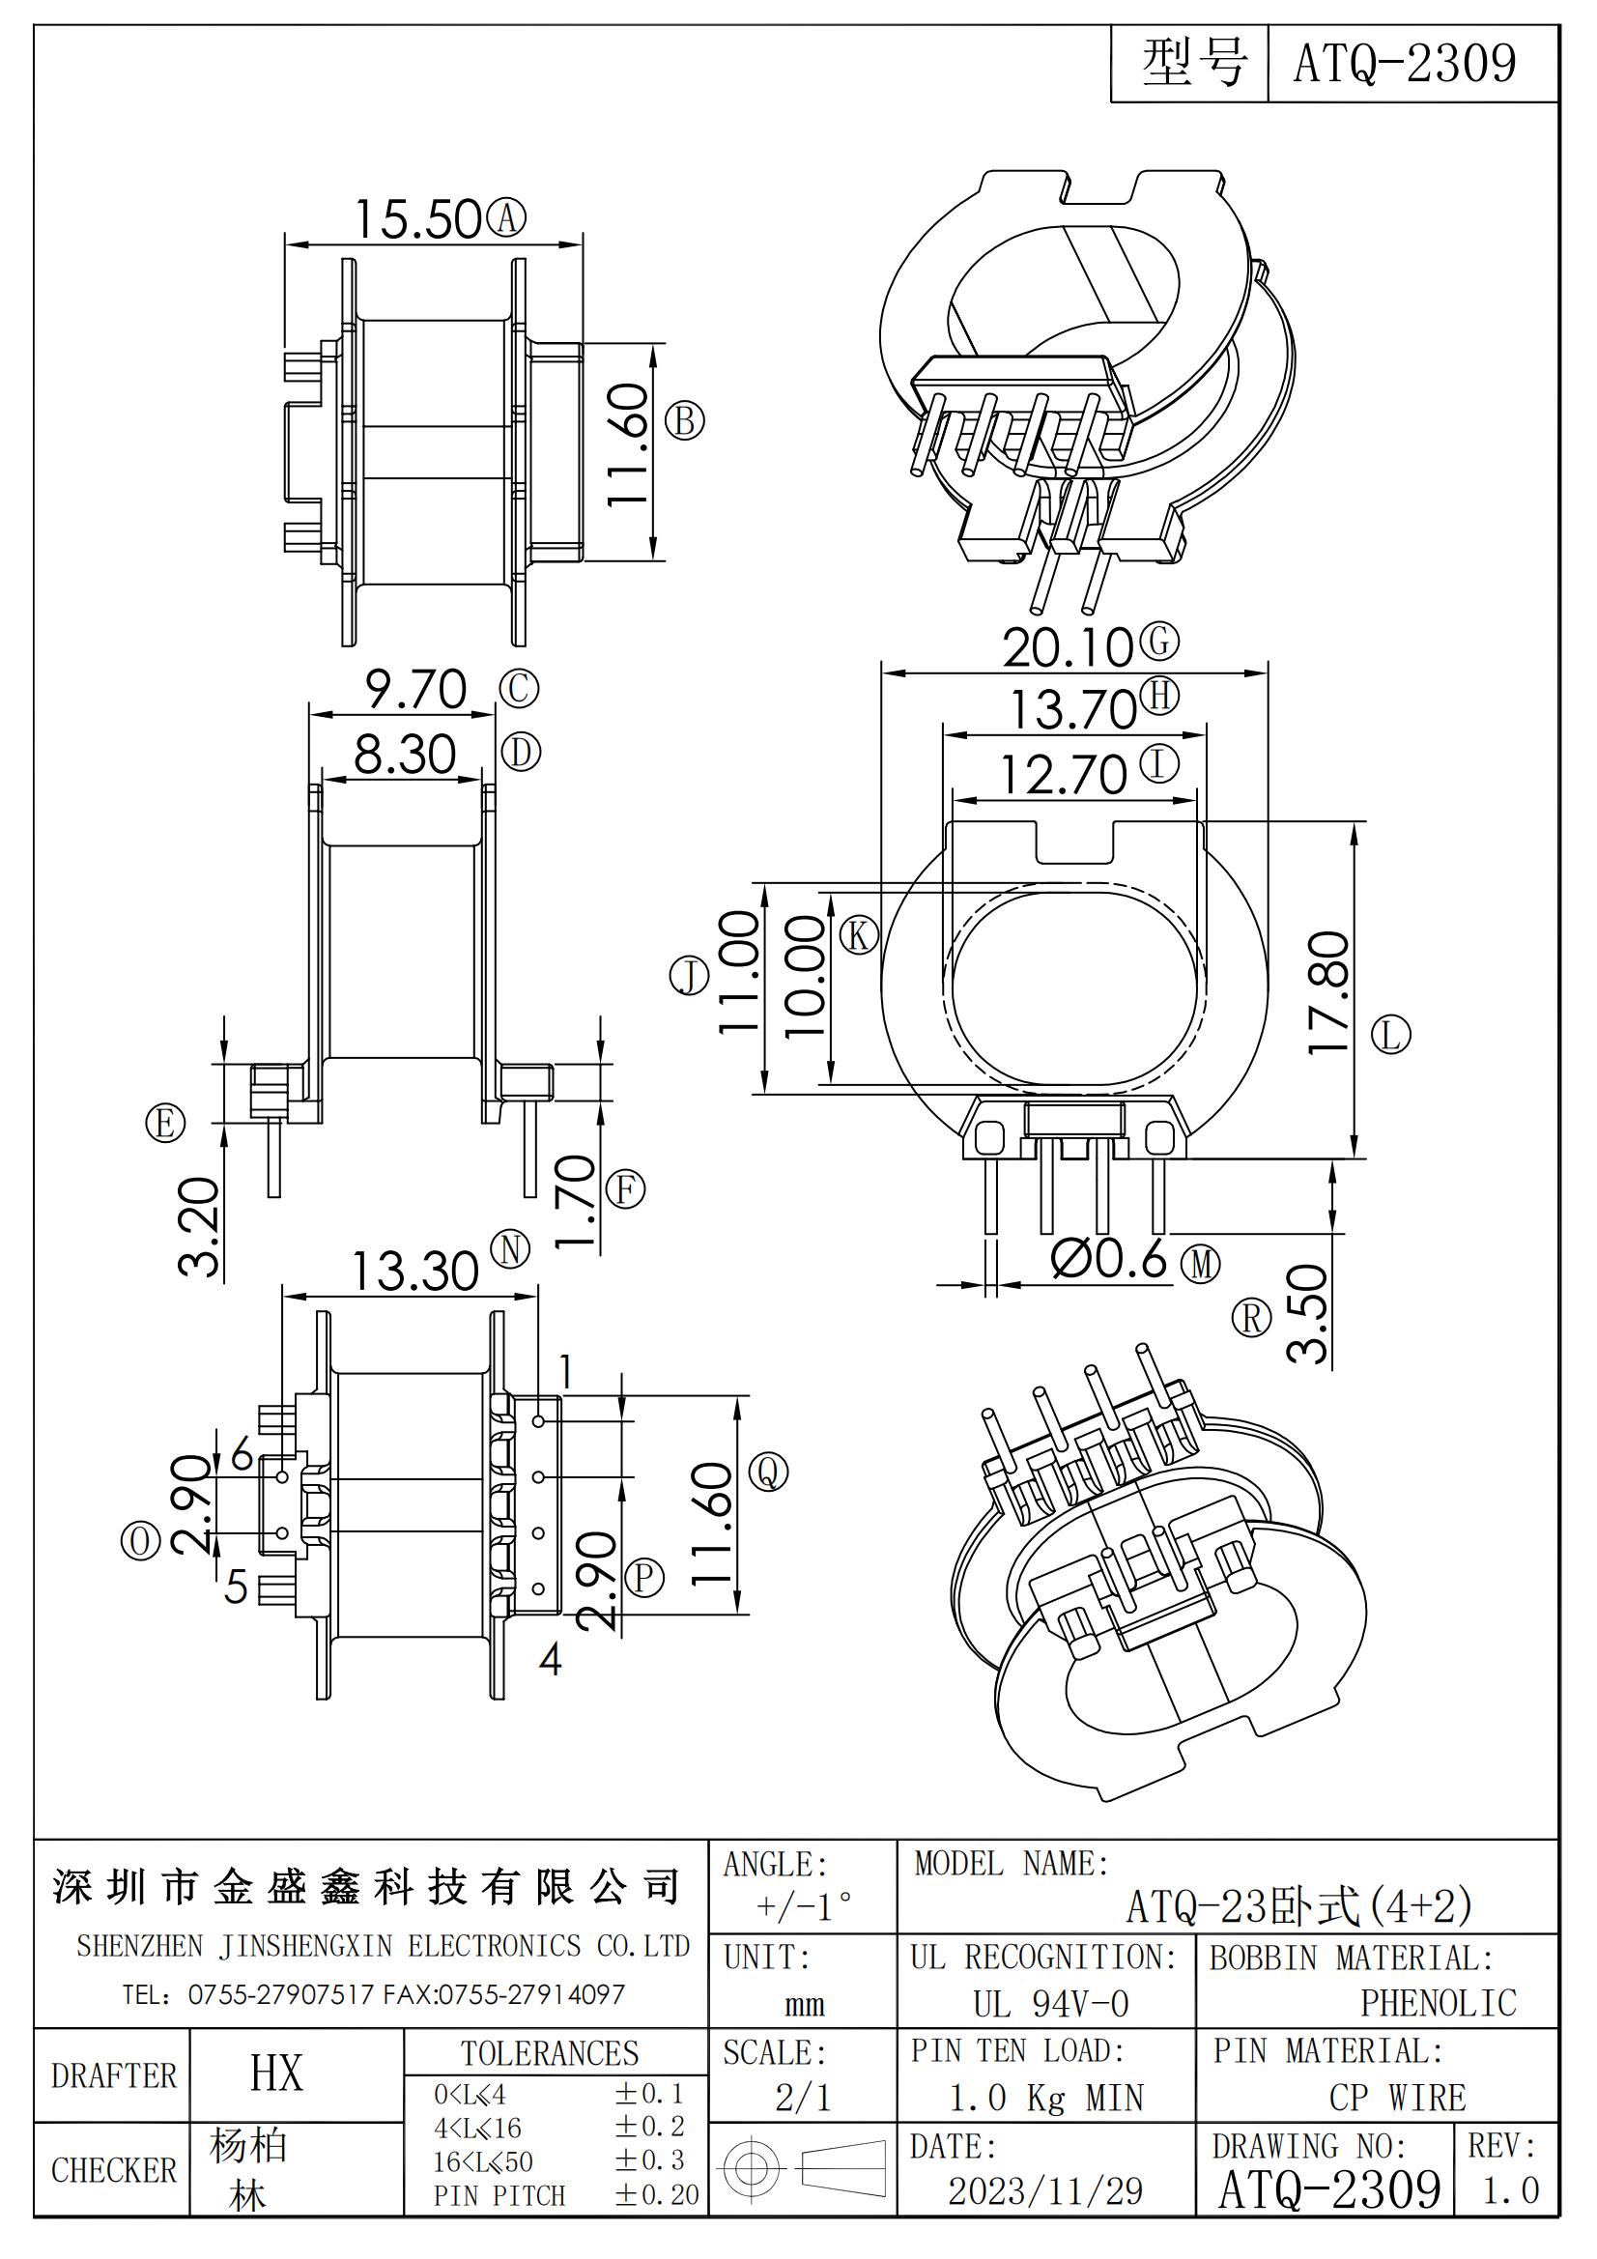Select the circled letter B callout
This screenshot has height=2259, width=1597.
point(685,421)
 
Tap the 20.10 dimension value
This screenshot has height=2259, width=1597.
point(1069,647)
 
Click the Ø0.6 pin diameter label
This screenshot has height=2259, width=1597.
point(1109,1259)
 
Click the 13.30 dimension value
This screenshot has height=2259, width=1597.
point(415,1272)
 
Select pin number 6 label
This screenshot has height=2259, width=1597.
point(242,1454)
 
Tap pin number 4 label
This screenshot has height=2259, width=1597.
point(551,1660)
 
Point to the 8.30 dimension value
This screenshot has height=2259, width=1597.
point(405,756)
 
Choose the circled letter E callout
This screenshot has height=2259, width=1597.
point(165,1123)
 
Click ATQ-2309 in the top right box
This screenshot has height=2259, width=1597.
point(1404,63)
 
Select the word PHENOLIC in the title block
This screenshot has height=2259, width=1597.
point(1439,2003)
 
